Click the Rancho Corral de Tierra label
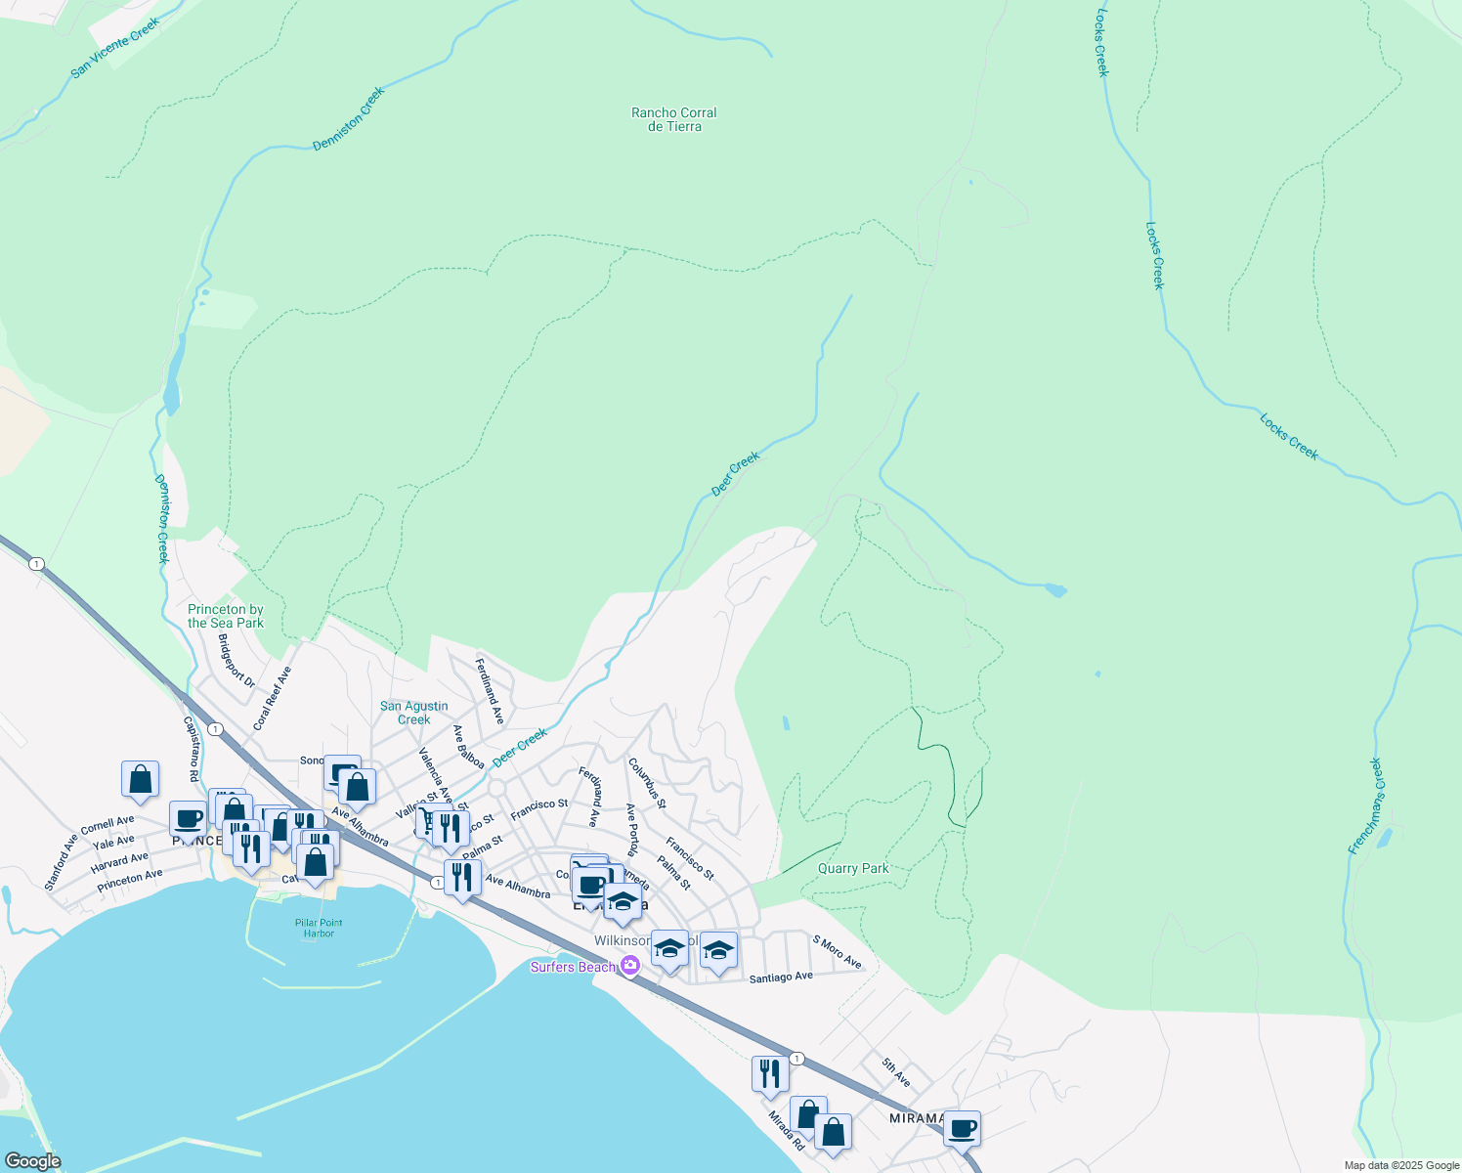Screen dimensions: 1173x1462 click(673, 119)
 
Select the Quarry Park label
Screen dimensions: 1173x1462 click(853, 868)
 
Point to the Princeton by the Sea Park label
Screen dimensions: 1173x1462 click(226, 616)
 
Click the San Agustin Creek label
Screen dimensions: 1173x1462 click(414, 713)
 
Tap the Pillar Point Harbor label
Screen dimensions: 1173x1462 click(319, 928)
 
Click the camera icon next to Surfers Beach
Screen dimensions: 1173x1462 click(630, 966)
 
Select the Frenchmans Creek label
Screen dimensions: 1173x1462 click(1365, 806)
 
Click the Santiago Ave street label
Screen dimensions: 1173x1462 click(781, 977)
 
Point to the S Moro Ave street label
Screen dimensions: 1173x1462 click(838, 951)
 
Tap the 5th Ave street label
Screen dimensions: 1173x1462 click(895, 1072)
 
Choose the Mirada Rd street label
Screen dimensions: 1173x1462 click(786, 1130)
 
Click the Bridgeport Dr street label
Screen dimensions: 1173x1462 click(236, 661)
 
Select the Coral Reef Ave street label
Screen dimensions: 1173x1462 click(273, 698)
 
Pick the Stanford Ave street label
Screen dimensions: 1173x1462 click(61, 862)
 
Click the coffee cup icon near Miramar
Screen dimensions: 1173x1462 click(962, 1127)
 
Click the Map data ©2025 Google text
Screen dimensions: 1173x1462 click(1400, 1165)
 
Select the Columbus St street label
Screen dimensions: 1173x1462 click(647, 783)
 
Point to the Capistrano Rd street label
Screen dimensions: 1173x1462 click(193, 749)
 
